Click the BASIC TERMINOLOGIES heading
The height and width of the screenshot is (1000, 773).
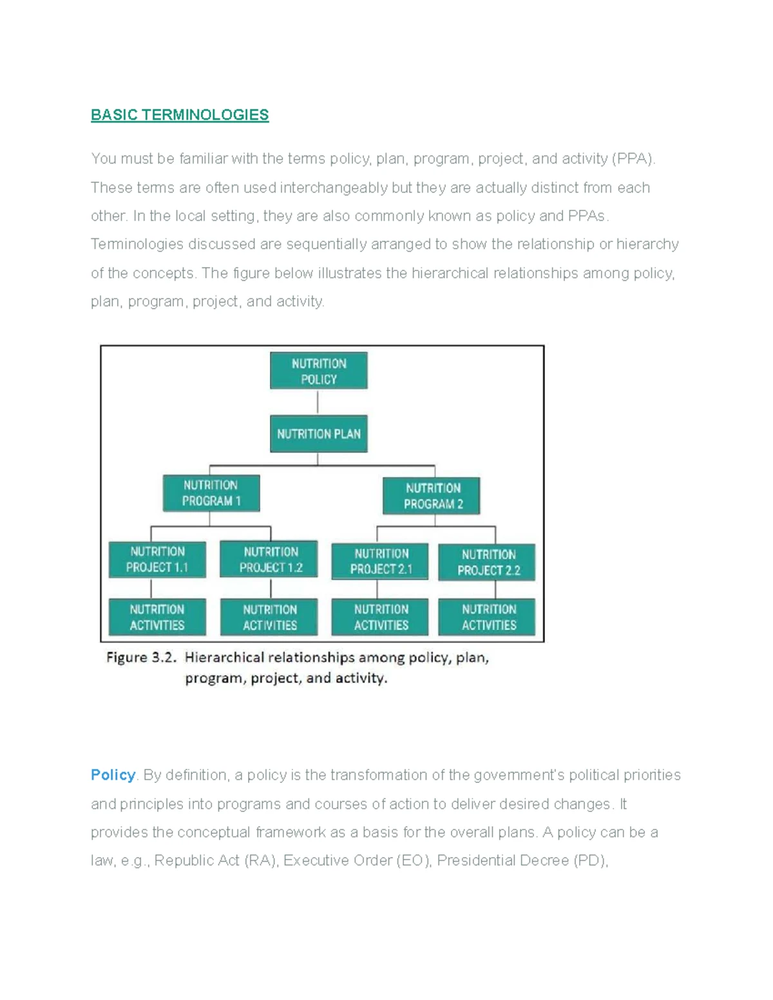180,115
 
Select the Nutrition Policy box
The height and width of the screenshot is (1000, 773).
319,370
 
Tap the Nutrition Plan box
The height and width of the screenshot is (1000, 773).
319,434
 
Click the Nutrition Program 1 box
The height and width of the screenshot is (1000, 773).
211,493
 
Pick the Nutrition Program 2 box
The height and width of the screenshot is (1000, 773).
432,496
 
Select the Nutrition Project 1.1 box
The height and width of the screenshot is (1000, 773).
157,560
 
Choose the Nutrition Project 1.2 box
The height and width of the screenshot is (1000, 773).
269,559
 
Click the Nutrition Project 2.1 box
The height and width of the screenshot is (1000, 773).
380,561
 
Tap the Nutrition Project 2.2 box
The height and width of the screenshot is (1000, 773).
487,562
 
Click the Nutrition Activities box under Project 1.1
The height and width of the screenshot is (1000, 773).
157,617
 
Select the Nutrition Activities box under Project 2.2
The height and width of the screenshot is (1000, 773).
487,617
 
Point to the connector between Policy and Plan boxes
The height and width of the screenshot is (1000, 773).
318,402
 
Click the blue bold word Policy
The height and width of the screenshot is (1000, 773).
113,775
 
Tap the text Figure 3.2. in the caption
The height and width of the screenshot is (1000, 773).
141,657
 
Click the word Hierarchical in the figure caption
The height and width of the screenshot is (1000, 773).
224,657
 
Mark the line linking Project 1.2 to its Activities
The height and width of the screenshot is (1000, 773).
271,588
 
